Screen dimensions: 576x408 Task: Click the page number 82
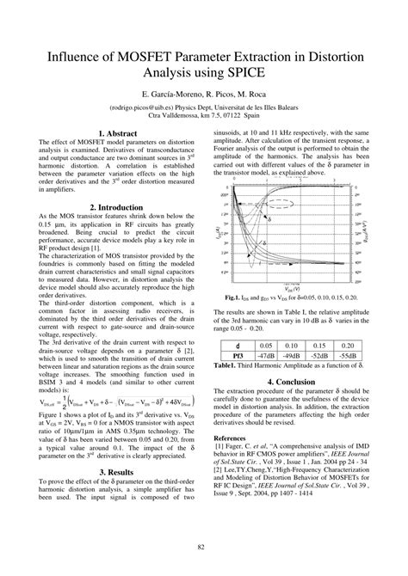click(204, 548)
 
